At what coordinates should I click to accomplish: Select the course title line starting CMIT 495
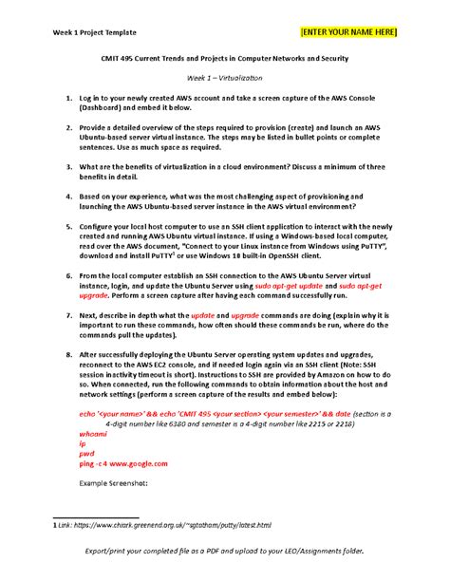coord(225,59)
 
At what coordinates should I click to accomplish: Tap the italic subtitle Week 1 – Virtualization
coord(225,78)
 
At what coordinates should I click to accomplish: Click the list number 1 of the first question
coord(68,98)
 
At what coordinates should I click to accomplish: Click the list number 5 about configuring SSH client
coord(68,228)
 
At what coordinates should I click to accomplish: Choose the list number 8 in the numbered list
coord(68,355)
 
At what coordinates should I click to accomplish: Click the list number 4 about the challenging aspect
coord(68,197)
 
